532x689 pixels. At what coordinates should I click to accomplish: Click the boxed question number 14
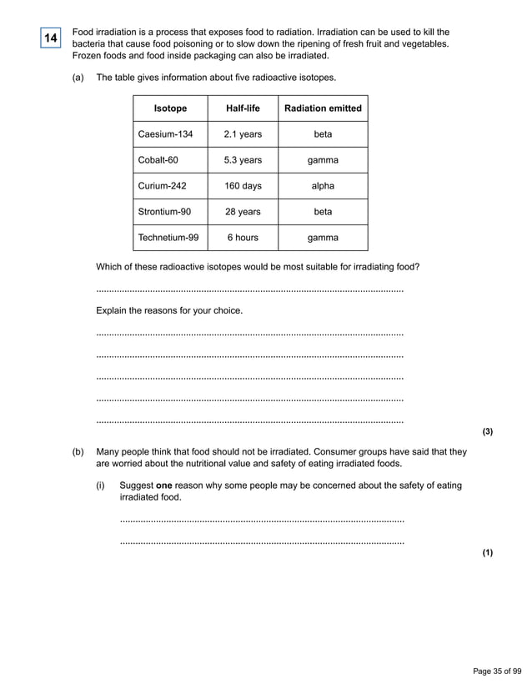pos(51,38)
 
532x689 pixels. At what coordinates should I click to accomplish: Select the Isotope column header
pos(170,108)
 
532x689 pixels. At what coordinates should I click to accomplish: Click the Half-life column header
pos(243,108)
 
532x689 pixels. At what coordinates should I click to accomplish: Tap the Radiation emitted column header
pos(323,108)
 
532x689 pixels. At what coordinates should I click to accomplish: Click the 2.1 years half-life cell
pos(243,134)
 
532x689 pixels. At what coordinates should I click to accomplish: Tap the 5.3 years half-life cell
pos(243,160)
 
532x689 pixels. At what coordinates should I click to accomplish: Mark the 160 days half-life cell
pos(243,186)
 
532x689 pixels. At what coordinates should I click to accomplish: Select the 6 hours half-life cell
pos(243,238)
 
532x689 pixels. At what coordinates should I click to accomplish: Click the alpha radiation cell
pos(323,186)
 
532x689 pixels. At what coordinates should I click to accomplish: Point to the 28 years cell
pos(243,212)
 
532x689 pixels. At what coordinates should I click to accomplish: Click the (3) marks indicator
pos(488,431)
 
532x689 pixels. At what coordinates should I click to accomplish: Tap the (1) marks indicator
pos(488,552)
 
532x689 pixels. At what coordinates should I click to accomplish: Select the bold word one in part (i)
pos(164,485)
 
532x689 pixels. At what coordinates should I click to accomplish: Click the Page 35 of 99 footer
pos(497,671)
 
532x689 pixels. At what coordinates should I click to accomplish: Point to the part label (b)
pos(78,452)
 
